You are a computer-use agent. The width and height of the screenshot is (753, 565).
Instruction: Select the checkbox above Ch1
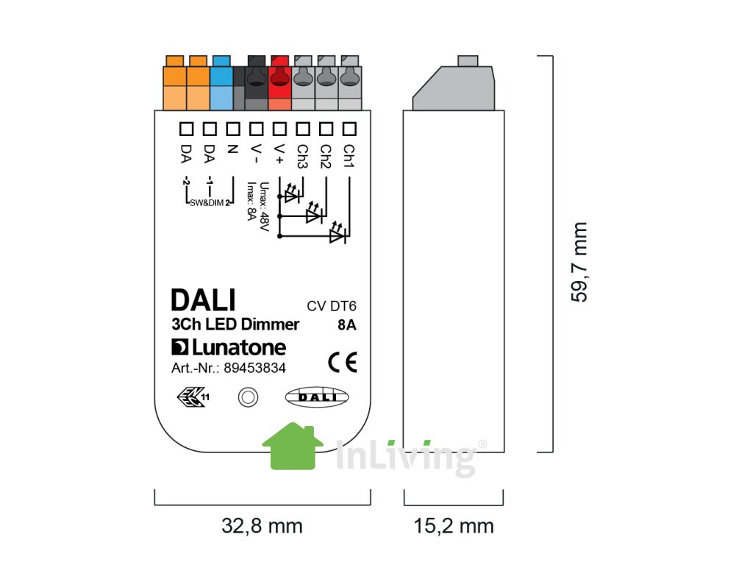350,129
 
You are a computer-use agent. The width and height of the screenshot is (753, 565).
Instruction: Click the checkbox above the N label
232,129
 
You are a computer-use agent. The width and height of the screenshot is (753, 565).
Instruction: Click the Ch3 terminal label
301,157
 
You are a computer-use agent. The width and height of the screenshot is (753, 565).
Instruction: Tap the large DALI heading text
203,300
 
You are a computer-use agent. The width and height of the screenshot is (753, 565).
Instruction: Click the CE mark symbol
342,363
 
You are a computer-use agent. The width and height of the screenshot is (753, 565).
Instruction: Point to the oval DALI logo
317,397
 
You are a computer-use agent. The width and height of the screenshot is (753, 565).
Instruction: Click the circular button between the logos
249,397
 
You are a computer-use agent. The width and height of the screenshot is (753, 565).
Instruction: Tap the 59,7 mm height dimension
579,262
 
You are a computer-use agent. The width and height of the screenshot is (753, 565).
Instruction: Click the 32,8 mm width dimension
262,526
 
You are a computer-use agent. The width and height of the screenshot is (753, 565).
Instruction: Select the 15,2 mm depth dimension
453,526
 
